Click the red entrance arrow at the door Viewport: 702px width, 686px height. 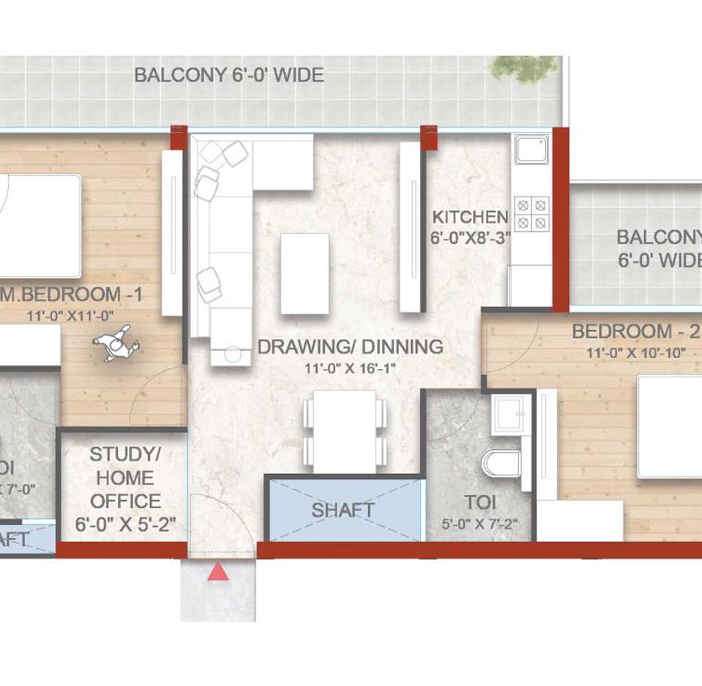[218, 571]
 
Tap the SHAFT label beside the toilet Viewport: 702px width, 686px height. [343, 510]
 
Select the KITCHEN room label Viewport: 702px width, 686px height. [470, 217]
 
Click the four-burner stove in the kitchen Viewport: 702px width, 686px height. [533, 213]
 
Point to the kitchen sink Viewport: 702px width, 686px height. [532, 149]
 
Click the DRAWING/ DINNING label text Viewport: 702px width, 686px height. [350, 347]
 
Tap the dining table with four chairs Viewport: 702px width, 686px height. [345, 431]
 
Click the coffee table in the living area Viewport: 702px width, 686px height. [304, 273]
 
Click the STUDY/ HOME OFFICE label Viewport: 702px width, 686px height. [125, 477]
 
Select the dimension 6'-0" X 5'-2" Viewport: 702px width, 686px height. [125, 525]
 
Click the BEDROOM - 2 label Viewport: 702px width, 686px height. [631, 332]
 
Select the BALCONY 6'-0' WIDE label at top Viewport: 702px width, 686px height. [229, 75]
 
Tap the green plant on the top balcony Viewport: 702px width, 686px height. [524, 68]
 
